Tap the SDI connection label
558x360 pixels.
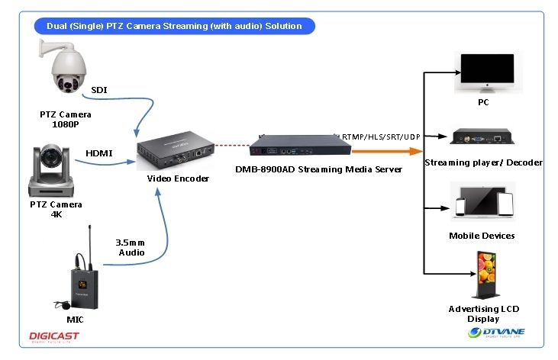pyautogui.click(x=99, y=90)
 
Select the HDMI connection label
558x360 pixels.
pyautogui.click(x=99, y=153)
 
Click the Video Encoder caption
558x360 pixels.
pyautogui.click(x=178, y=178)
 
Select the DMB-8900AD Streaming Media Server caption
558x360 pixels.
pyautogui.click(x=319, y=169)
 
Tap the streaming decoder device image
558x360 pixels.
pyautogui.click(x=480, y=139)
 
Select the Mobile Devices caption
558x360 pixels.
pyautogui.click(x=482, y=236)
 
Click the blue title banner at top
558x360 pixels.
pyautogui.click(x=174, y=26)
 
